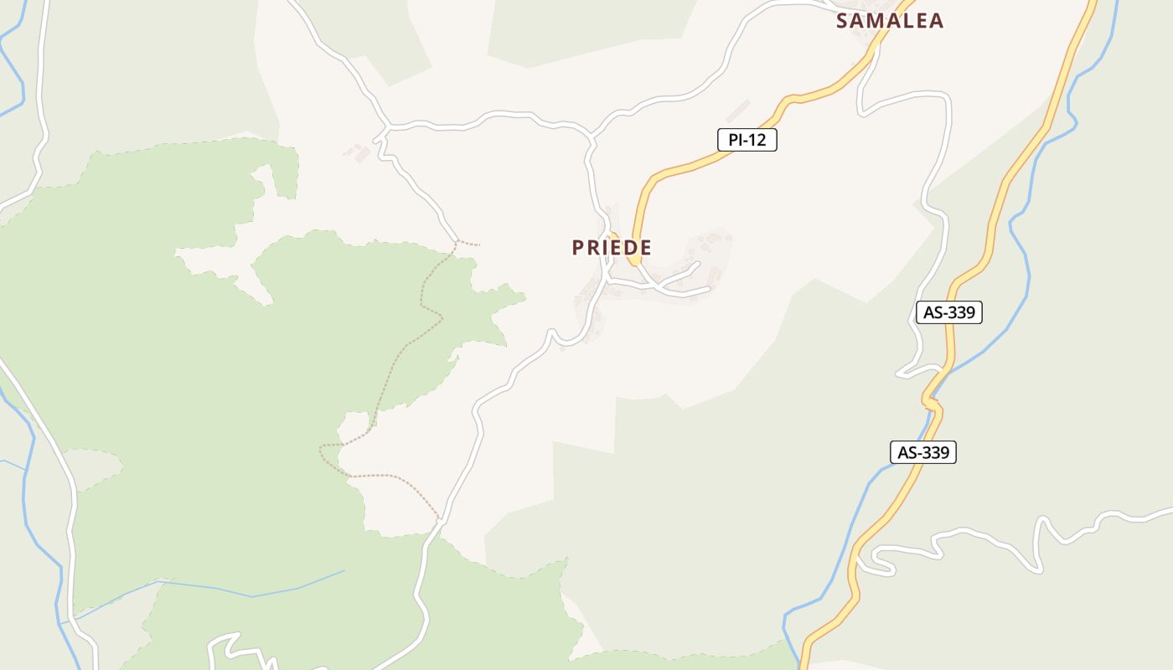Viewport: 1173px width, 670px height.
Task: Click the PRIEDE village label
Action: click(x=612, y=248)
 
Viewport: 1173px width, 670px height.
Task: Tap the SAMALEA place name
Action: click(x=890, y=21)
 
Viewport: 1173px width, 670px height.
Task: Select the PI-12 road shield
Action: click(x=747, y=140)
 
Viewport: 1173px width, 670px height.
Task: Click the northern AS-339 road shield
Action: click(x=948, y=312)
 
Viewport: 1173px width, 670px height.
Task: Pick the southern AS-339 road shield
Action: click(x=922, y=452)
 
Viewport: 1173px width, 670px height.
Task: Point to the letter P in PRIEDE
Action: click(x=578, y=248)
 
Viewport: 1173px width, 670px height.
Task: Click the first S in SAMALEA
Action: click(x=843, y=21)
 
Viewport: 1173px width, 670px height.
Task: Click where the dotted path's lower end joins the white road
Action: click(x=438, y=520)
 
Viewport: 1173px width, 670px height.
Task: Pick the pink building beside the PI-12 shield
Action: click(x=738, y=111)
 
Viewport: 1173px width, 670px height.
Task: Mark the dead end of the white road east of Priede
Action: click(x=709, y=290)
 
